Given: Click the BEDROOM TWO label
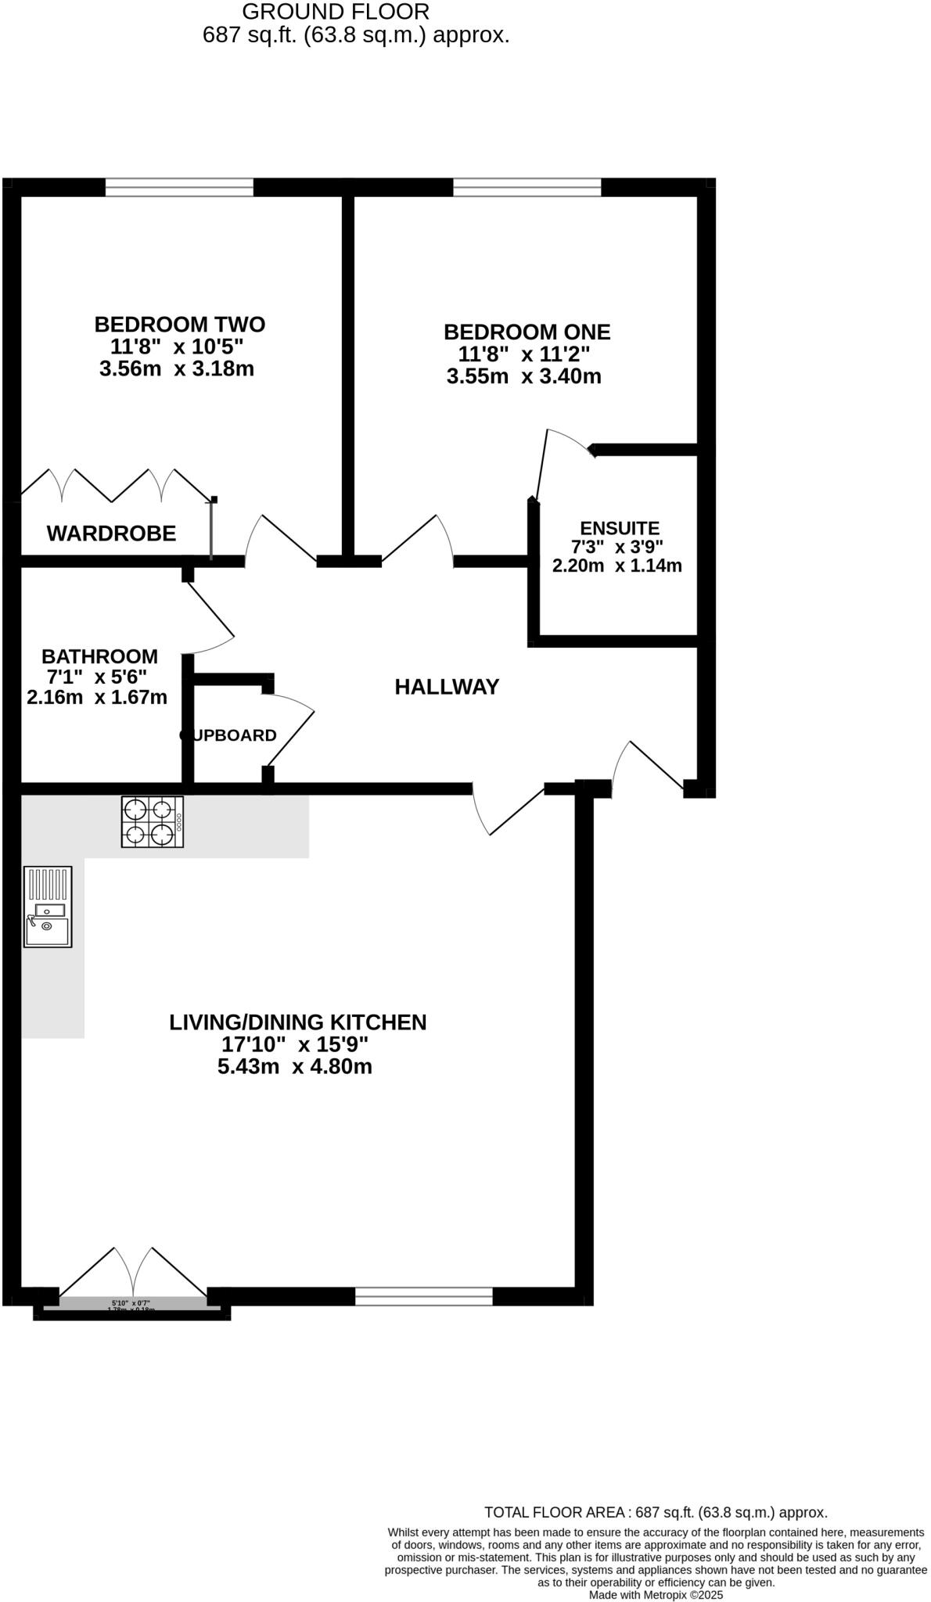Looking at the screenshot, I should [x=179, y=324].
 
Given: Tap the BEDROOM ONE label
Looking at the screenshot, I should [x=527, y=332].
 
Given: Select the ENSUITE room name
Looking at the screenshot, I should [x=620, y=528].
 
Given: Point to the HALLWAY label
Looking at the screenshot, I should [x=447, y=687].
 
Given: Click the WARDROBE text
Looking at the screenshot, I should [x=111, y=533].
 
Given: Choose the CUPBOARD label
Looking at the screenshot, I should [x=228, y=735].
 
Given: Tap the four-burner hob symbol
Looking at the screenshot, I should [x=153, y=821].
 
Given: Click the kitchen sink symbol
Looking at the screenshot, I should [x=48, y=907].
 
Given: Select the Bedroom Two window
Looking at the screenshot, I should [x=179, y=187].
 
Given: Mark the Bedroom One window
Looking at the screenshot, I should [x=527, y=187].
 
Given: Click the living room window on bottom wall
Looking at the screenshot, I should [x=423, y=1296].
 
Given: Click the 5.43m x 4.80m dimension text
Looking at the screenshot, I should [x=294, y=1066].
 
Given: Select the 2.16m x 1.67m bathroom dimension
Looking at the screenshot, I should [x=97, y=697].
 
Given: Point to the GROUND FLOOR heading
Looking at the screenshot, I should [x=336, y=12].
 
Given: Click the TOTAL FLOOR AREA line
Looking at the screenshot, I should [x=656, y=1512].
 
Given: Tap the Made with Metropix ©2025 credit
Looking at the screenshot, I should [x=656, y=1595].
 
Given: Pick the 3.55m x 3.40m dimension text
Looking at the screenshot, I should [x=523, y=377].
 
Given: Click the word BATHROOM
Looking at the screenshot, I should [x=99, y=656].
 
